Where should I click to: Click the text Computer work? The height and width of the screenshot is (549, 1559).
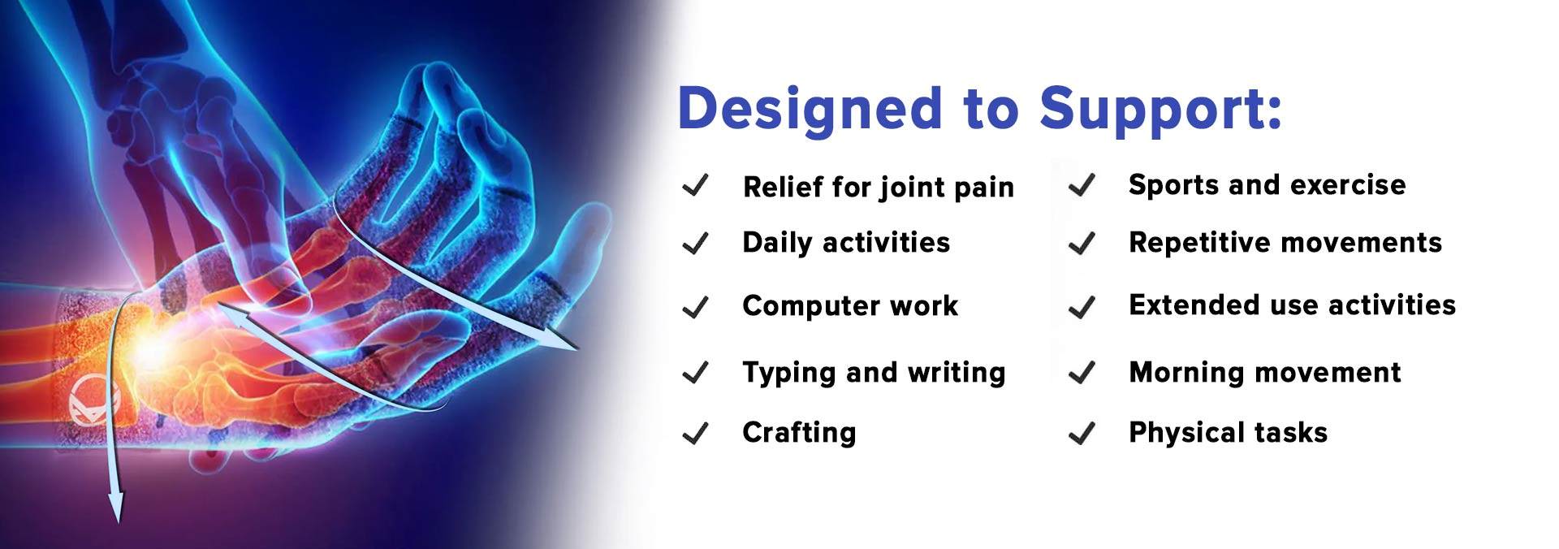[850, 305]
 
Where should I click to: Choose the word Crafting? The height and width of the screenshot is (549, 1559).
[799, 432]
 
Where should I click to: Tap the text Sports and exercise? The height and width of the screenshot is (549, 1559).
[1267, 185]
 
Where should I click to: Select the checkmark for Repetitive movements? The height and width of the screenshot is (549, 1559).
[1082, 243]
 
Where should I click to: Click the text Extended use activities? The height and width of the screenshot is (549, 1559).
[1292, 305]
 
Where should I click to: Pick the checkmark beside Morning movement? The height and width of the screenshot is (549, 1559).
[1082, 373]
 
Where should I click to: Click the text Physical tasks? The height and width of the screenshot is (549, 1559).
[1228, 432]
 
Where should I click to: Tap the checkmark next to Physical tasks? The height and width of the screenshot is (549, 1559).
[1082, 434]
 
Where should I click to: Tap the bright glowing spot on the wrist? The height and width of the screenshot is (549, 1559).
[150, 345]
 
